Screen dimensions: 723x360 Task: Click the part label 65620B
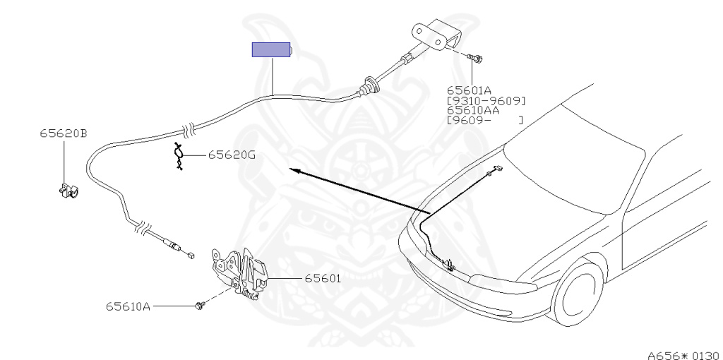tap(64, 133)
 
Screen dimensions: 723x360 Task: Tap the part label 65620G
tap(232, 155)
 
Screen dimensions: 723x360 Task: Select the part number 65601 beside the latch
tap(323, 278)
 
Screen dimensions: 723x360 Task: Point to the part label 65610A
tap(128, 306)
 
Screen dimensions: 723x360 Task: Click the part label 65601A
tap(469, 90)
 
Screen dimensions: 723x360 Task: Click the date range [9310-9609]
tap(486, 100)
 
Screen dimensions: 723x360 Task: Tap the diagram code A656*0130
tap(682, 354)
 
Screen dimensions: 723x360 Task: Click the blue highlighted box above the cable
tap(272, 50)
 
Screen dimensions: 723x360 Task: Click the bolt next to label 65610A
tap(201, 306)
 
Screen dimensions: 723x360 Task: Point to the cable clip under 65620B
tap(67, 191)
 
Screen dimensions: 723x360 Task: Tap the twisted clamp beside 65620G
tap(179, 156)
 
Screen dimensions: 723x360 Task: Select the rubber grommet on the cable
tap(368, 87)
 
